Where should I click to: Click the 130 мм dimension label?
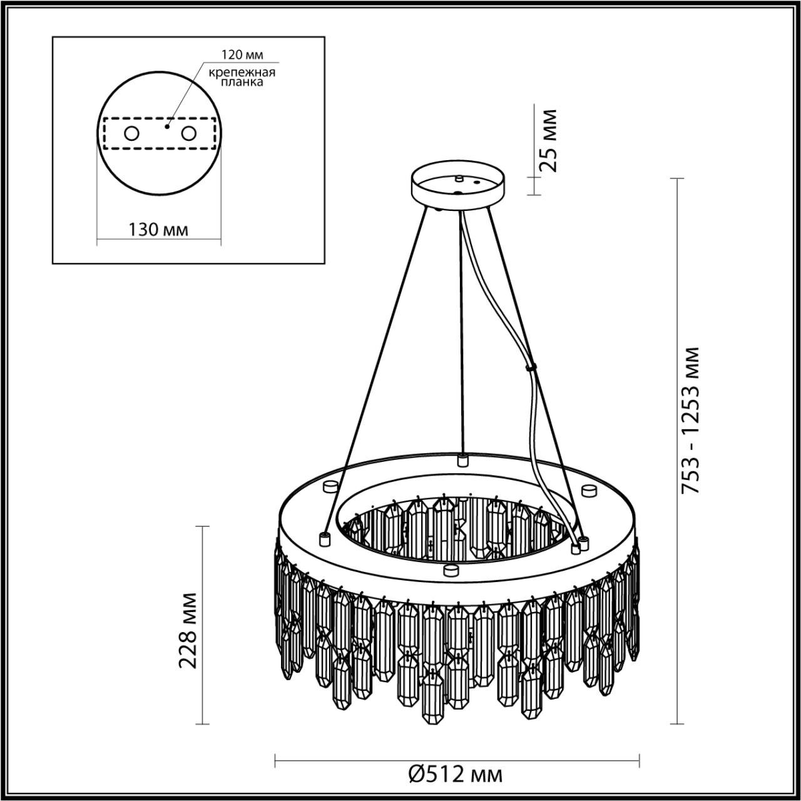point(158,230)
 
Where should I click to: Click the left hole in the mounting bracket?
point(131,133)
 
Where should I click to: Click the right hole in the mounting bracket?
point(188,133)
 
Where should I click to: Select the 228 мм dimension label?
point(189,630)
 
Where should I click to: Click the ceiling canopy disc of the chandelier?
point(458,186)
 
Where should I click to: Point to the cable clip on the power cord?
point(533,369)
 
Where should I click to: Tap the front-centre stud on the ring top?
point(447,569)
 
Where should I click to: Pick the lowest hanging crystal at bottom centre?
point(433,701)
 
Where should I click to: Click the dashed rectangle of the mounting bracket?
point(160,148)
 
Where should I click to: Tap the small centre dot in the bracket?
point(166,126)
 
